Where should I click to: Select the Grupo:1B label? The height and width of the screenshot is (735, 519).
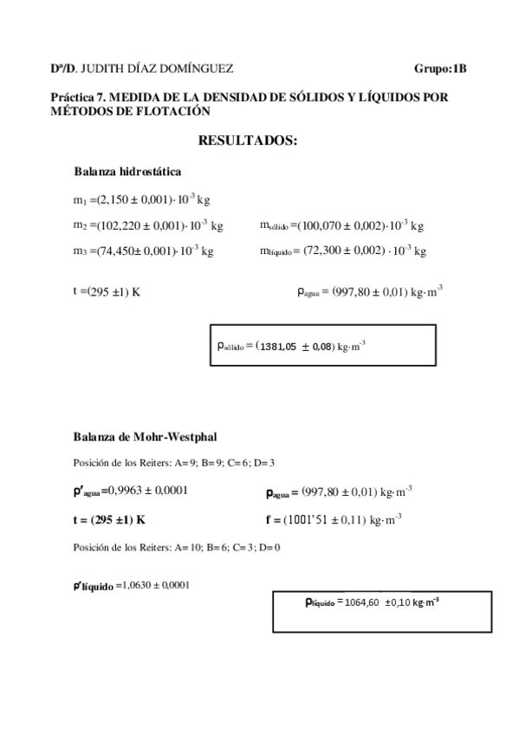coord(441,68)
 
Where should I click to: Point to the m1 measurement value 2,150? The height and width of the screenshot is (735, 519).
coord(116,200)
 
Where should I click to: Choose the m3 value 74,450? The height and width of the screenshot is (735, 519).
coord(118,250)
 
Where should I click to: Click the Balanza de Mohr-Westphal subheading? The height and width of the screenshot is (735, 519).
coord(151,436)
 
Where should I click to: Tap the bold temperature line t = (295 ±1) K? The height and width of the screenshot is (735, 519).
coord(109,520)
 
